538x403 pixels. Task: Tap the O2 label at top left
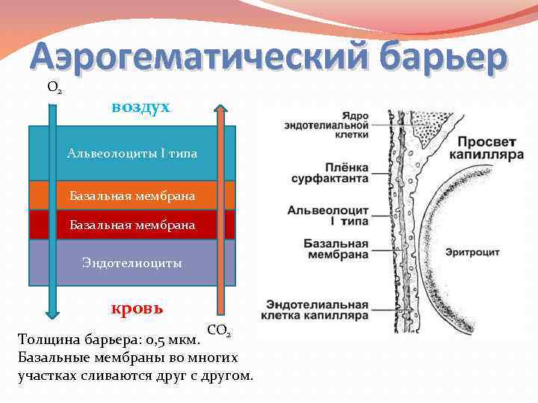54,87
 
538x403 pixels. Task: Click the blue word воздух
140,107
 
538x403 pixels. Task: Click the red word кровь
137,307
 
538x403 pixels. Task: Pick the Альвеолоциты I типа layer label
132,154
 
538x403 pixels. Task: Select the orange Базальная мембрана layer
132,196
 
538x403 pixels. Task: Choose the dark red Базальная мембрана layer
132,224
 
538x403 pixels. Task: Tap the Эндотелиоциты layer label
132,263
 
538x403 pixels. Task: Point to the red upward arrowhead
220,109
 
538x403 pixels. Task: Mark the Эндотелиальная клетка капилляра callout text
318,310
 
